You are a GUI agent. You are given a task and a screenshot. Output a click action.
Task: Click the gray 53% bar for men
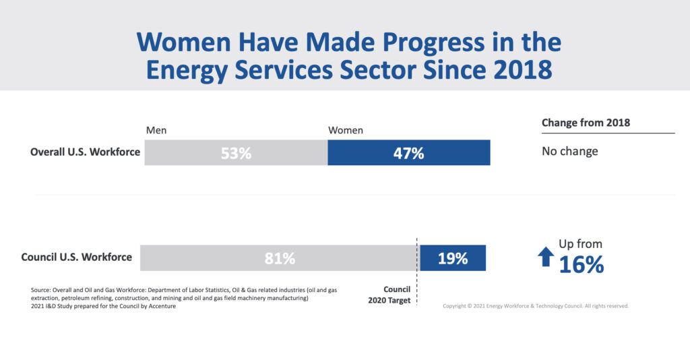pyautogui.click(x=236, y=152)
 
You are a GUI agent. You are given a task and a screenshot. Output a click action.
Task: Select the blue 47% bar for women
pyautogui.click(x=408, y=152)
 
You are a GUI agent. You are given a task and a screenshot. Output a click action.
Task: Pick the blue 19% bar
pyautogui.click(x=452, y=258)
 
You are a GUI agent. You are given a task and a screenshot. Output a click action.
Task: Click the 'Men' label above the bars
pyautogui.click(x=156, y=129)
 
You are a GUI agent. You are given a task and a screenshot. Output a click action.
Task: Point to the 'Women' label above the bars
pyautogui.click(x=345, y=129)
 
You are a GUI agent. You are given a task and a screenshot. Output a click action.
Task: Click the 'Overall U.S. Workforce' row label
pyautogui.click(x=85, y=152)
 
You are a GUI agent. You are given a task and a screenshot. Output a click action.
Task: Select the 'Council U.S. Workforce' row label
pyautogui.click(x=77, y=257)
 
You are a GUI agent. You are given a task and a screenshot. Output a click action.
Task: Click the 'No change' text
pyautogui.click(x=569, y=151)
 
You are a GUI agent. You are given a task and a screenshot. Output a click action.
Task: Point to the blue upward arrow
pyautogui.click(x=546, y=257)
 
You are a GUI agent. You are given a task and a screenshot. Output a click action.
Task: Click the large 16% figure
pyautogui.click(x=581, y=265)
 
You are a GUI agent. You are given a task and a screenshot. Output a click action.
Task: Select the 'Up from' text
pyautogui.click(x=580, y=244)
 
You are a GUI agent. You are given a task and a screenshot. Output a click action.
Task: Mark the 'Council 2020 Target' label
pyautogui.click(x=390, y=295)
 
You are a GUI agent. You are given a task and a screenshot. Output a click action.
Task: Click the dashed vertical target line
pyautogui.click(x=417, y=283)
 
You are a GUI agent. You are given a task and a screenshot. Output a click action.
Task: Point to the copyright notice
pyautogui.click(x=536, y=305)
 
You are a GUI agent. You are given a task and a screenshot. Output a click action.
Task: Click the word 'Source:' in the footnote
pyautogui.click(x=42, y=289)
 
